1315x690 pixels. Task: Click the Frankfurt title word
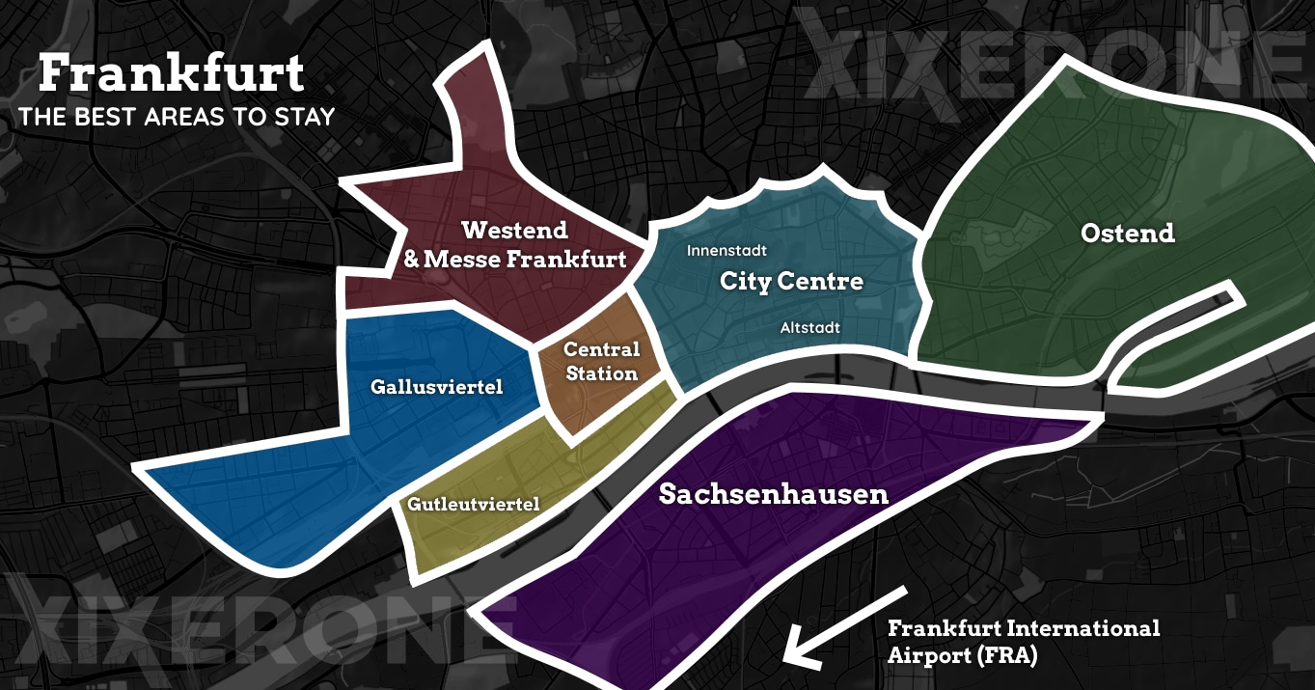[x=171, y=73]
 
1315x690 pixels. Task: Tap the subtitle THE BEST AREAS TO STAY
[x=177, y=118]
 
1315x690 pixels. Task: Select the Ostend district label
[x=1128, y=234]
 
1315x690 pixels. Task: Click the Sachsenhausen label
[x=773, y=494]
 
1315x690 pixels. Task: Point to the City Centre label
[x=791, y=282]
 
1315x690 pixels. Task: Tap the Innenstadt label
[x=726, y=251]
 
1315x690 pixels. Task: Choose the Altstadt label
[x=809, y=328]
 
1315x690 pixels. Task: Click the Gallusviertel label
[x=437, y=387]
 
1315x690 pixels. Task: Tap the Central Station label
[x=601, y=361]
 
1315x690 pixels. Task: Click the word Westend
[x=514, y=231]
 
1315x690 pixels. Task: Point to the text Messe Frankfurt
[x=526, y=260]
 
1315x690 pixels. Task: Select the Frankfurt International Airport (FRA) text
[x=1024, y=641]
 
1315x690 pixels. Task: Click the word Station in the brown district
[x=601, y=373]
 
